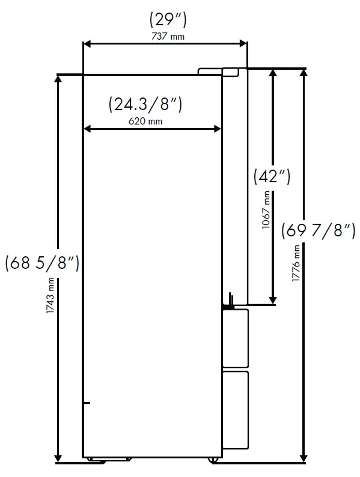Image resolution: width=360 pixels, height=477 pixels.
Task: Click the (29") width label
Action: click(x=168, y=20)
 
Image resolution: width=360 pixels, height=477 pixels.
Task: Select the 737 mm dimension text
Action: click(x=168, y=37)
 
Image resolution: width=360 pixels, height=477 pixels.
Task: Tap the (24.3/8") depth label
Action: click(x=145, y=105)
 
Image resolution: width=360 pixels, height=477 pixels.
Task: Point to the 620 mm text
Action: click(x=145, y=121)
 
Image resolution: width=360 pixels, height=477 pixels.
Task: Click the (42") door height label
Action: click(x=272, y=177)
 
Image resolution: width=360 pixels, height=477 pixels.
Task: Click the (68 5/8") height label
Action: click(x=41, y=263)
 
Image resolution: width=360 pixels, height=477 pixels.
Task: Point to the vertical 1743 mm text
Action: click(x=51, y=297)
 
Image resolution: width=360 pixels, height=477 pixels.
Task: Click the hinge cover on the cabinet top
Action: click(x=210, y=72)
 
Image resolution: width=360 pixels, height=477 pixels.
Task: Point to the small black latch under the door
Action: click(x=230, y=300)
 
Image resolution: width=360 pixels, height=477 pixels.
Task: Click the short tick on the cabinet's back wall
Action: click(x=87, y=402)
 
